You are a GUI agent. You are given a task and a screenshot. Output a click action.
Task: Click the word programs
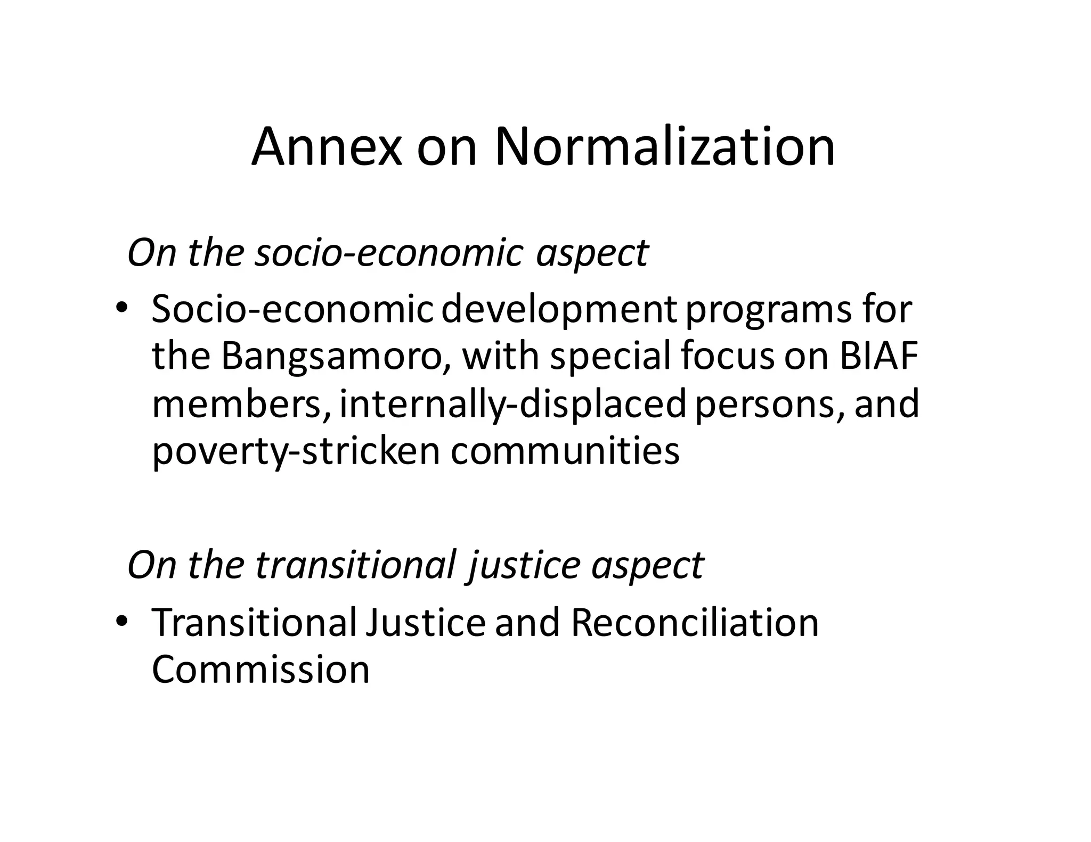pos(768,310)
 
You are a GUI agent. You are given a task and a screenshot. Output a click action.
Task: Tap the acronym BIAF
pos(879,356)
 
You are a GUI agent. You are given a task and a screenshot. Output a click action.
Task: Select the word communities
pos(565,450)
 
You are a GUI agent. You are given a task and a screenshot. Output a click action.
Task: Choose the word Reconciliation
pos(695,622)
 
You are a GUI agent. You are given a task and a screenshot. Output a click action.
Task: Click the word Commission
pos(260,669)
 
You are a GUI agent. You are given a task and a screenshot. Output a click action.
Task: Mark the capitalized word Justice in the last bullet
pos(425,622)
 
